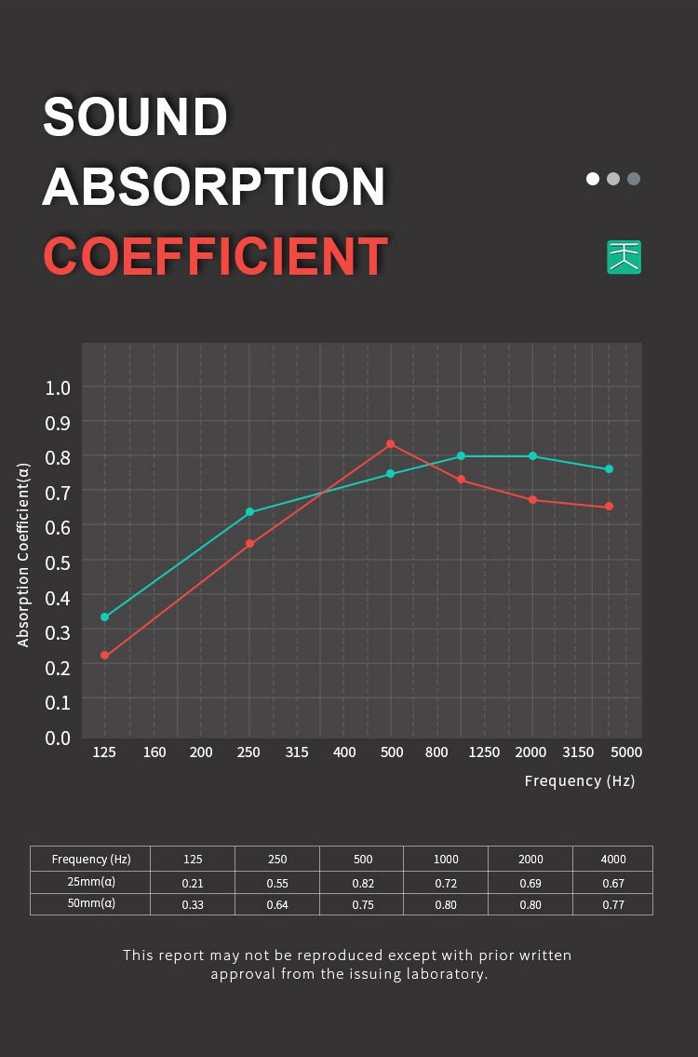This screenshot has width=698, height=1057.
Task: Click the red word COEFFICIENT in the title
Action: coord(215,255)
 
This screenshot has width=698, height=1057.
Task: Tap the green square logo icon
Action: coord(624,257)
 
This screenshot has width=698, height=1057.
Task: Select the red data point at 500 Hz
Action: coord(391,444)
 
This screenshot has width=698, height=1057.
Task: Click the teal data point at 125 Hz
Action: coord(105,617)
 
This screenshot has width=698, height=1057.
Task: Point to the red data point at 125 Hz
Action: coord(105,656)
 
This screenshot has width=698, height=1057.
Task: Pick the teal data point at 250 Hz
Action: coord(249,512)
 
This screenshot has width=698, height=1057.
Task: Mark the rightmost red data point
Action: coord(610,507)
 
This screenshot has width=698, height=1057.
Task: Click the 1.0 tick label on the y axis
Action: coord(58,387)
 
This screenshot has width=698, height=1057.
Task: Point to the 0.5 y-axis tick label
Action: coord(58,562)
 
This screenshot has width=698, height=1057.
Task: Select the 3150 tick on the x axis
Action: coord(578,752)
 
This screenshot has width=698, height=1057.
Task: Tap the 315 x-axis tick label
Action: coord(296,752)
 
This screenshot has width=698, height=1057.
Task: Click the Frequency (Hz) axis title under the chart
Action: coord(579,781)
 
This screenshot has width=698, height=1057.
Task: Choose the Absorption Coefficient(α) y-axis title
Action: coord(24,555)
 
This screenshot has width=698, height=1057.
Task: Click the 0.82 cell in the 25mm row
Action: coord(362,883)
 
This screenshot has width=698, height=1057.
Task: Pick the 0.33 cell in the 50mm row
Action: coord(193,904)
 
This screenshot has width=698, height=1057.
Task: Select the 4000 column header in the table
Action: coord(612,859)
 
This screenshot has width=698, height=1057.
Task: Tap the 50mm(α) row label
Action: coord(90,904)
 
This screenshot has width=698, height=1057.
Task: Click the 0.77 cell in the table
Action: coord(612,904)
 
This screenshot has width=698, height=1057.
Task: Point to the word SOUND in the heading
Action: coord(136,116)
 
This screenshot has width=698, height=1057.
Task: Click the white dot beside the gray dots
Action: coord(593,179)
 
